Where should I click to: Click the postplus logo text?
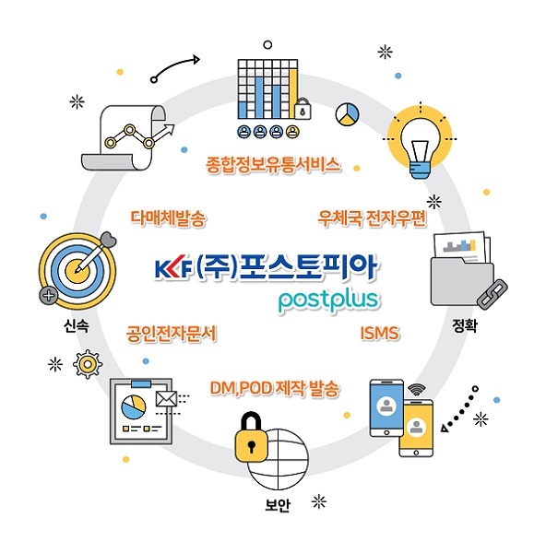click(x=329, y=301)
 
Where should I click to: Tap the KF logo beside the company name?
click(x=173, y=270)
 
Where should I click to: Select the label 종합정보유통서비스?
click(x=274, y=165)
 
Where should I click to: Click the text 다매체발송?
click(x=168, y=218)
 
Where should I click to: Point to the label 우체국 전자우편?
click(x=372, y=218)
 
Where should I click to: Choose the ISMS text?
click(x=380, y=334)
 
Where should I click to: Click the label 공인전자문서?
click(x=172, y=334)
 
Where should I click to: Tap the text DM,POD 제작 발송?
click(x=275, y=389)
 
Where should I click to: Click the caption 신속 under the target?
click(x=77, y=325)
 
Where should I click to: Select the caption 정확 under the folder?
click(x=465, y=325)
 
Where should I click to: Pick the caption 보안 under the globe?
click(x=278, y=505)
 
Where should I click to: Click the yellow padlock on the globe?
click(x=251, y=437)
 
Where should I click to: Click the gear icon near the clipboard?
click(x=88, y=364)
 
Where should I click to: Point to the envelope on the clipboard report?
click(x=166, y=399)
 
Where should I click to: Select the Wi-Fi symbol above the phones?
click(x=417, y=389)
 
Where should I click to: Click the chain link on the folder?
click(x=492, y=294)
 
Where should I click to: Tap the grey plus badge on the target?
click(x=48, y=295)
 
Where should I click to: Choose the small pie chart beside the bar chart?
click(x=348, y=114)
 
